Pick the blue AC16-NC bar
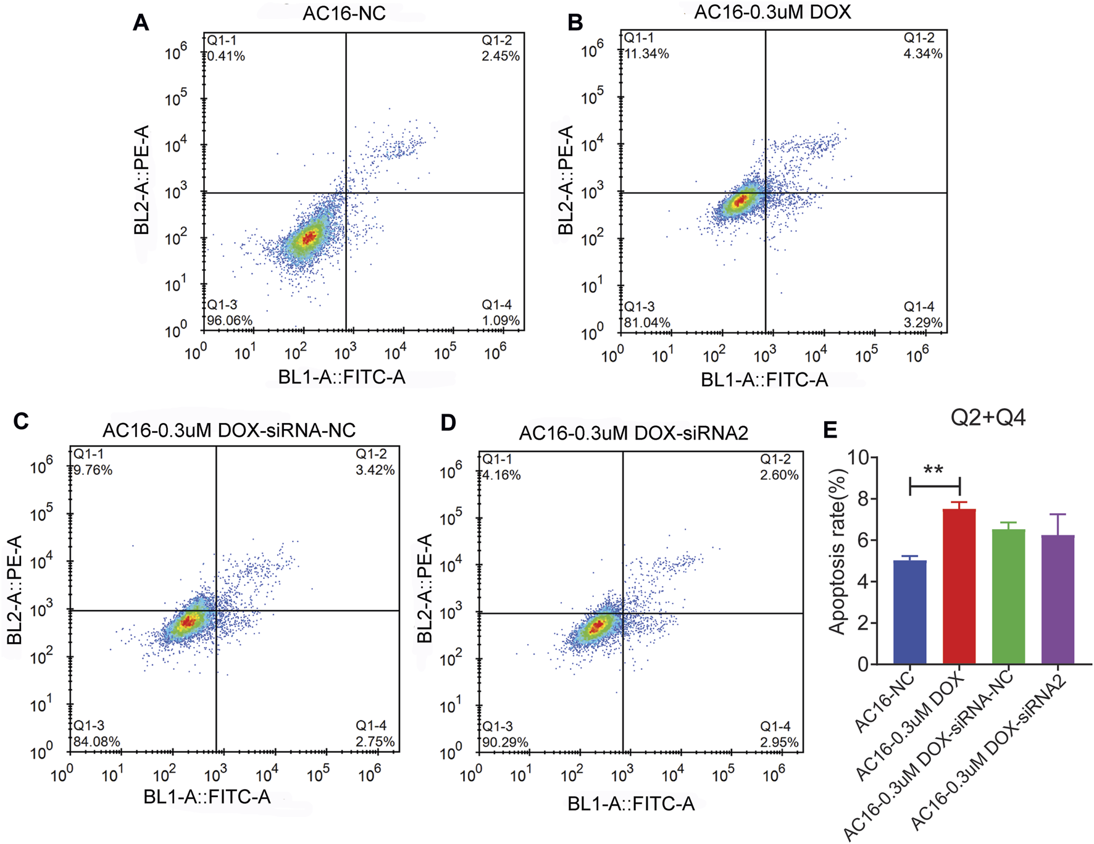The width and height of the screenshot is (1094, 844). [x=910, y=612]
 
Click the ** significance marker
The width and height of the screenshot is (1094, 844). [x=933, y=470]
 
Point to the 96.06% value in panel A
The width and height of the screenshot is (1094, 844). [x=229, y=320]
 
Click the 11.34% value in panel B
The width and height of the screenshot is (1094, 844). [x=646, y=54]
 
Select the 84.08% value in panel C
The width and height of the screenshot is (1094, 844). [x=96, y=742]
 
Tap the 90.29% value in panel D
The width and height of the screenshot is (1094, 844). [x=504, y=742]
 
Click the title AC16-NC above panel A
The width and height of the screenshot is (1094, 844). [x=344, y=14]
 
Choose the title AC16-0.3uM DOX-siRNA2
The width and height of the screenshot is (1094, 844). [x=633, y=433]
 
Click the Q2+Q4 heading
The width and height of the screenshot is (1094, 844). [x=988, y=418]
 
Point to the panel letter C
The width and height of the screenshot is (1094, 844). [x=21, y=422]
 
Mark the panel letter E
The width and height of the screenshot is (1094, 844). [x=830, y=429]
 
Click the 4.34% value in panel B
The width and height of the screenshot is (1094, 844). [x=922, y=54]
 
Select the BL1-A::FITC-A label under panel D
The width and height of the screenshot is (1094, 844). [x=631, y=803]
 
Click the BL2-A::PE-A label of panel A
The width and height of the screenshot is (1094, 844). [x=141, y=180]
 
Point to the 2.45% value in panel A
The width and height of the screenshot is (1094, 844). [x=500, y=56]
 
